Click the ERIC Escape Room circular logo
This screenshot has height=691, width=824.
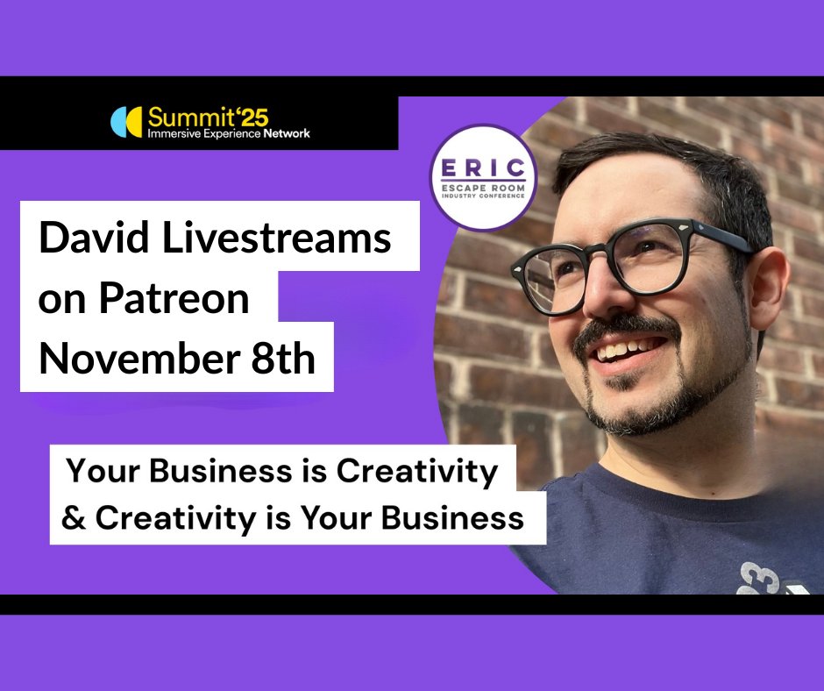point(483,178)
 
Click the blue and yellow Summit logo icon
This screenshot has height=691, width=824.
point(126,123)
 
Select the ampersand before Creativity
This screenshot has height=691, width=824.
point(75,518)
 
